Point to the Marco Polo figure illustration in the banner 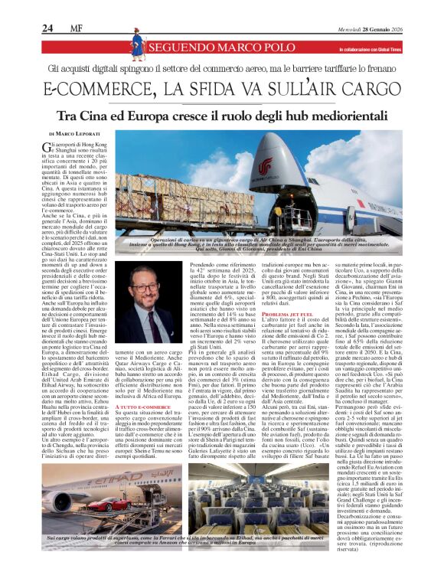pyautogui.click(x=139, y=47)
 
